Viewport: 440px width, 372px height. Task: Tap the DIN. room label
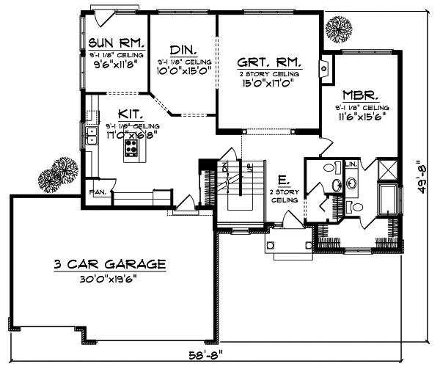(x=181, y=50)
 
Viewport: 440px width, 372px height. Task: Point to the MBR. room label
(x=360, y=96)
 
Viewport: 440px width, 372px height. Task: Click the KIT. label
(x=131, y=114)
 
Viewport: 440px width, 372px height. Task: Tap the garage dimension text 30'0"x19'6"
(x=109, y=280)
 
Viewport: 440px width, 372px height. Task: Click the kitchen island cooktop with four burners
(x=133, y=150)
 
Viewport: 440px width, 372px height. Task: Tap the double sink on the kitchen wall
(x=92, y=135)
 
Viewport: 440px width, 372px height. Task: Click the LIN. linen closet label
(x=351, y=163)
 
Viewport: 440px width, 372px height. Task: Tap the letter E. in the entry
(x=282, y=180)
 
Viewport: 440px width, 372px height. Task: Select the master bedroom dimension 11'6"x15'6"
(x=360, y=116)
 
